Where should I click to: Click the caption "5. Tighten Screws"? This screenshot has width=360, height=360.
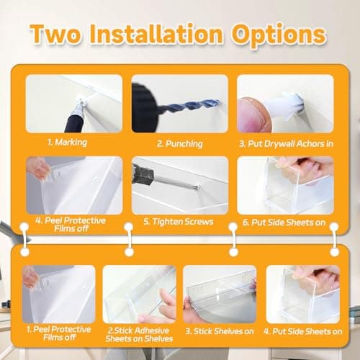click(180, 221)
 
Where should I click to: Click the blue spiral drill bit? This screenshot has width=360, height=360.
click(173, 108)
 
